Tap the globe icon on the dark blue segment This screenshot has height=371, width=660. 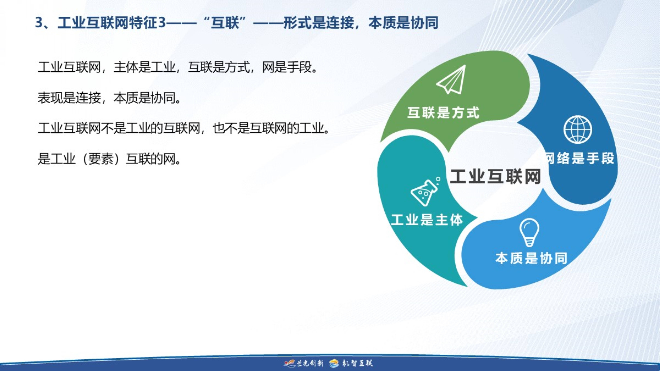pyautogui.click(x=578, y=130)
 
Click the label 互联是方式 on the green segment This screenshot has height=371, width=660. pyautogui.click(x=443, y=113)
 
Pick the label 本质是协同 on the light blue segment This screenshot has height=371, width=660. pyautogui.click(x=531, y=258)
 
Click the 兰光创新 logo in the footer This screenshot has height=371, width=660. pyautogui.click(x=304, y=363)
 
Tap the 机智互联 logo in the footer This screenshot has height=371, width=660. pyautogui.click(x=351, y=363)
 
